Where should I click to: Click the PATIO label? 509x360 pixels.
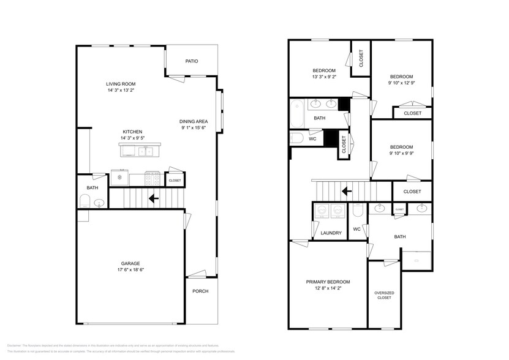click(x=192, y=61)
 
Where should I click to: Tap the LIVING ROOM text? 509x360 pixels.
click(x=121, y=84)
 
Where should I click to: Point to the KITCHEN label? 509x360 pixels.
click(x=132, y=132)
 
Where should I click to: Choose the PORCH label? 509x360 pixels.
click(x=200, y=291)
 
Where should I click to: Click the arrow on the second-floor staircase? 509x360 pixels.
click(x=346, y=190)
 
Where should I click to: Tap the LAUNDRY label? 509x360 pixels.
click(x=331, y=233)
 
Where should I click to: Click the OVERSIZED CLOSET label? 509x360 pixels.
click(x=384, y=295)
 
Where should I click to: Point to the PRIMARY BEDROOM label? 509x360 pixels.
click(x=328, y=282)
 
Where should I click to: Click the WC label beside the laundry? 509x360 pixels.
click(x=356, y=230)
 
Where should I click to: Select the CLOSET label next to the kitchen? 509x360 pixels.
click(x=175, y=181)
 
